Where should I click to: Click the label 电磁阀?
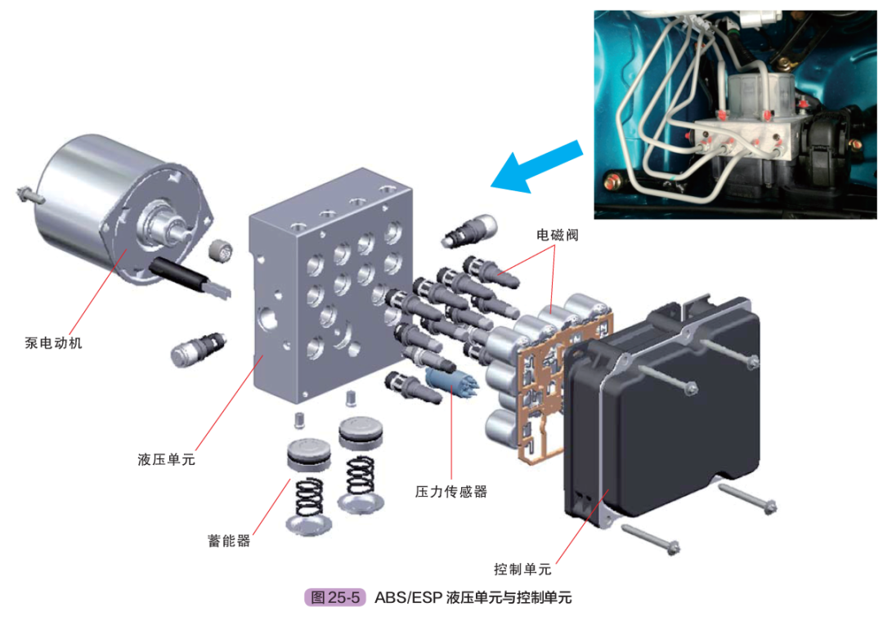coord(557,234)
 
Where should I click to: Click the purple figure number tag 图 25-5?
coord(335,597)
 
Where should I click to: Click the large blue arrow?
coord(536,165)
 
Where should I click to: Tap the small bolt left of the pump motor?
coord(25,195)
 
